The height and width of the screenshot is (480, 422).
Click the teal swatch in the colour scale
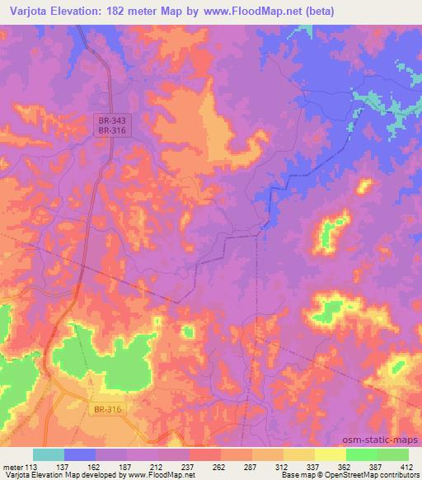coord(49,454)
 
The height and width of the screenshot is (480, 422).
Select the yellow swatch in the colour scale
coord(330,454)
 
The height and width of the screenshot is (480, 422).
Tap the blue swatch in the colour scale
coord(80,454)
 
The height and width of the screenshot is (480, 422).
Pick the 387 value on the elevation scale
coord(377,466)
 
